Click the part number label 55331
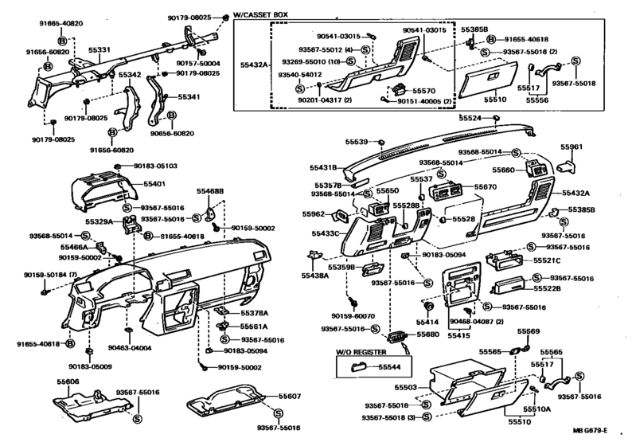click(99, 49)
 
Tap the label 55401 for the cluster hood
click(154, 183)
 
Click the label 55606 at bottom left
click(68, 382)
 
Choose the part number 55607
click(290, 396)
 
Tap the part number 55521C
click(548, 260)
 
